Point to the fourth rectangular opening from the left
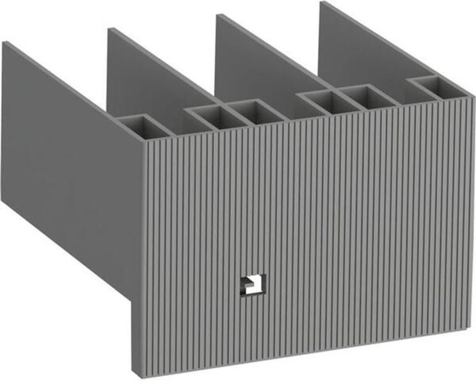pyautogui.click(x=321, y=100)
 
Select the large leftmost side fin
pyautogui.click(x=64, y=160)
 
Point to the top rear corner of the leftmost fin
pyautogui.click(x=5, y=42)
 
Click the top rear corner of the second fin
pyautogui.click(x=110, y=29)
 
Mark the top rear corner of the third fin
pyautogui.click(x=218, y=15)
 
